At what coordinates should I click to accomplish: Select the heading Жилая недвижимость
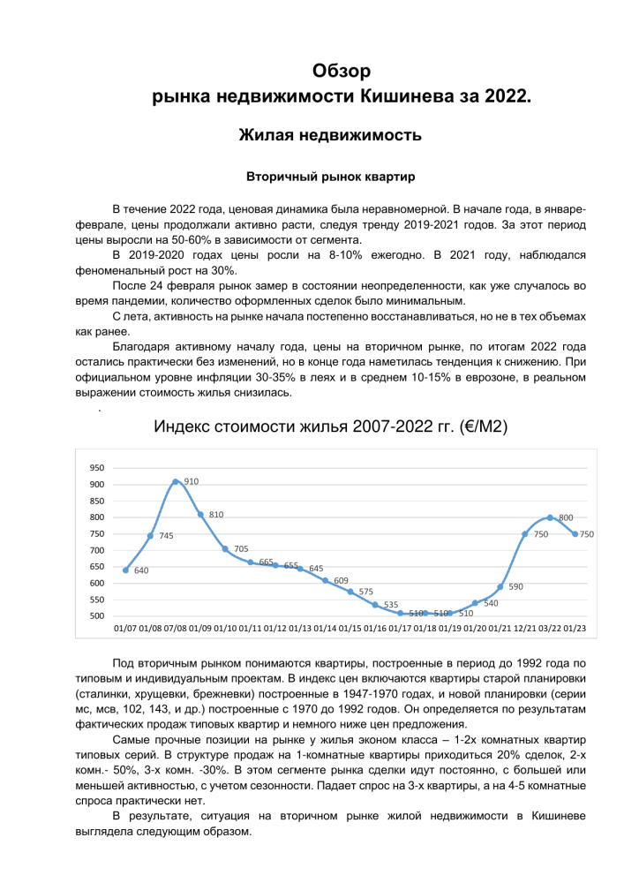pos(330,135)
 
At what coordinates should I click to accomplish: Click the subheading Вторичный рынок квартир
pos(330,177)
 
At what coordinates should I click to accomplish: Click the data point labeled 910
pos(176,481)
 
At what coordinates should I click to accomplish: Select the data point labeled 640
pos(125,570)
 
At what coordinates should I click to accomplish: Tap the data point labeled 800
pos(550,517)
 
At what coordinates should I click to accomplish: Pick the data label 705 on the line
pos(240,548)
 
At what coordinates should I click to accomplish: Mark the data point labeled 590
pos(500,586)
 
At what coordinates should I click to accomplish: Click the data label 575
pos(365,592)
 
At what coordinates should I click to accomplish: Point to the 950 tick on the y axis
pos(97,468)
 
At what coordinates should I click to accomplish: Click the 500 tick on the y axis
pos(97,615)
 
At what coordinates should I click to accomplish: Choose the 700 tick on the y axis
pos(97,550)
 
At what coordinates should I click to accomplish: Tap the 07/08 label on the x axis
pos(176,628)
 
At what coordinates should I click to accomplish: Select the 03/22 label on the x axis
pos(549,628)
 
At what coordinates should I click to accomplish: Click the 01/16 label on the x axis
pos(375,628)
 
